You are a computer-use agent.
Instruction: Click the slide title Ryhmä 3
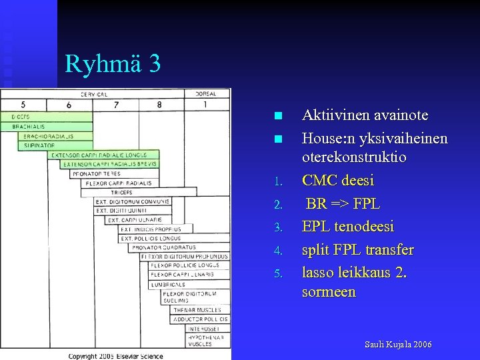click(113, 64)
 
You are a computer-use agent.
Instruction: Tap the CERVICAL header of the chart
click(94, 94)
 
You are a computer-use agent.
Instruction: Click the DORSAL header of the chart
click(205, 94)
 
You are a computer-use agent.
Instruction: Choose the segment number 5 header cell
click(23, 105)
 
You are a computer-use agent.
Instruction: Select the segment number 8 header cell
click(159, 105)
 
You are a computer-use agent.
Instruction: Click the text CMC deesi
click(338, 181)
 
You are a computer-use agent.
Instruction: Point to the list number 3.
click(280, 228)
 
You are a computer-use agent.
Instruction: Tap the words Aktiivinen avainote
click(365, 115)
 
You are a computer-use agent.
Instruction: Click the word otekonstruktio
click(354, 157)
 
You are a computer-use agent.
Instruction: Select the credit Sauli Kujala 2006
click(398, 345)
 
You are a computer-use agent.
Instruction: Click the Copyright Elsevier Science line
click(116, 356)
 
